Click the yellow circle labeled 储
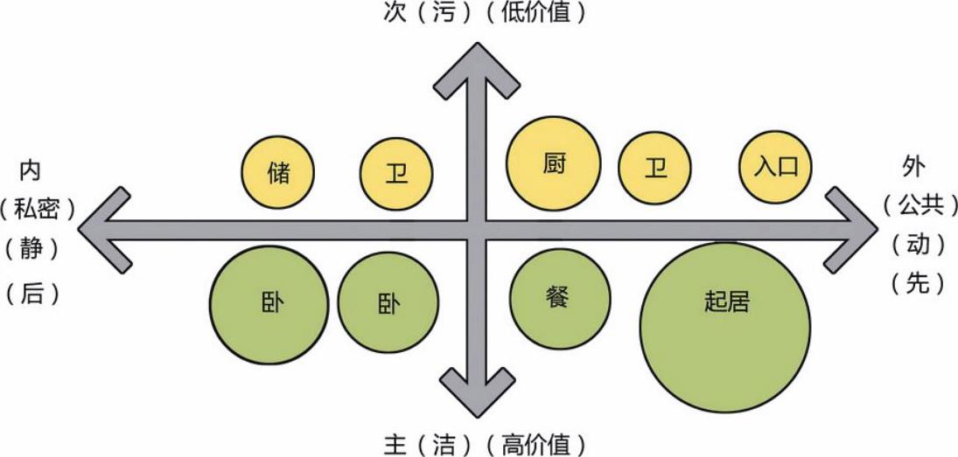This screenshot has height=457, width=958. click(277, 171)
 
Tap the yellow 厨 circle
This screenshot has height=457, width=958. click(555, 163)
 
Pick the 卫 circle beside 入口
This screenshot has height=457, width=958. click(654, 167)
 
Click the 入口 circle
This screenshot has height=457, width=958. click(776, 166)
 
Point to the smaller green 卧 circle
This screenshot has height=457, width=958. click(388, 302)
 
